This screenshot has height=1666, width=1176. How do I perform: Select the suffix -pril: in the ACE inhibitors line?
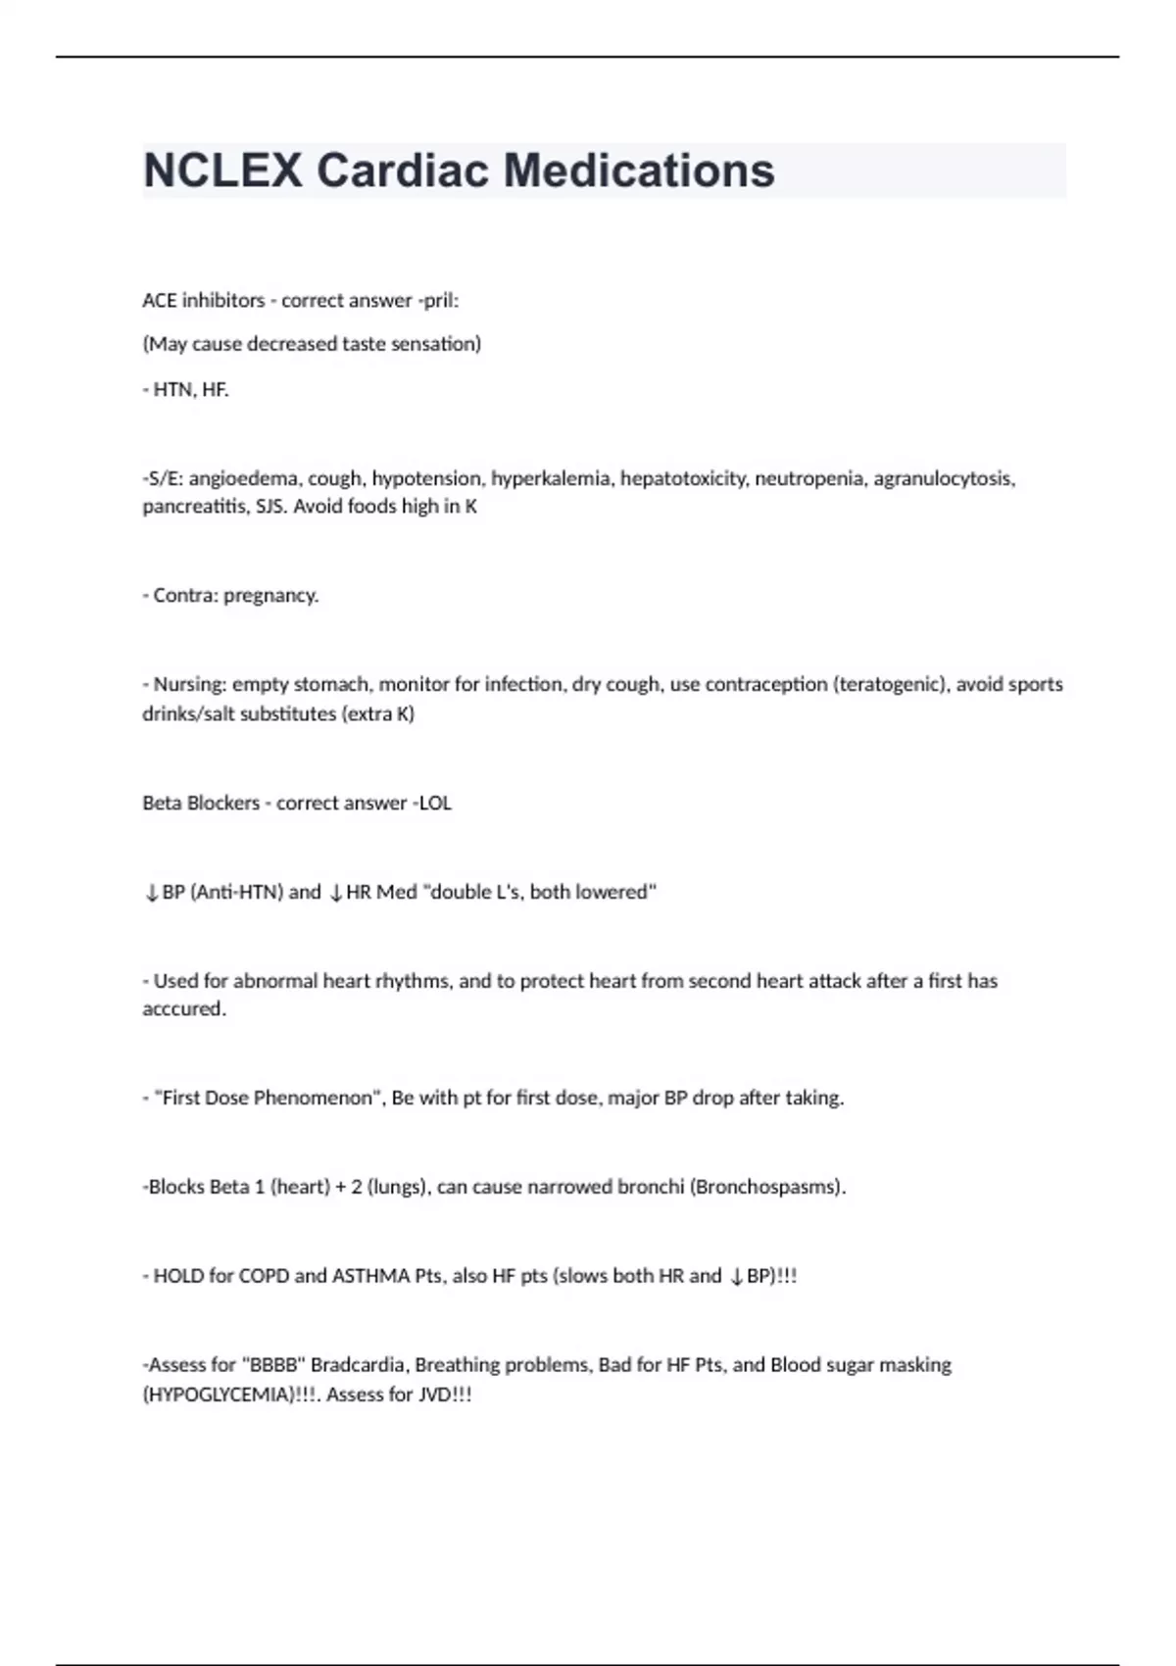438,301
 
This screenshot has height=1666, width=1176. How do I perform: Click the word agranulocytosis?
944,478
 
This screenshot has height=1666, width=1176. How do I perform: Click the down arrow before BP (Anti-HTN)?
151,893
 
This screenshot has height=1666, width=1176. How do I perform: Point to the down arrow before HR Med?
335,893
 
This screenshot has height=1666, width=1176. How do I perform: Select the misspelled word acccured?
184,1009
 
